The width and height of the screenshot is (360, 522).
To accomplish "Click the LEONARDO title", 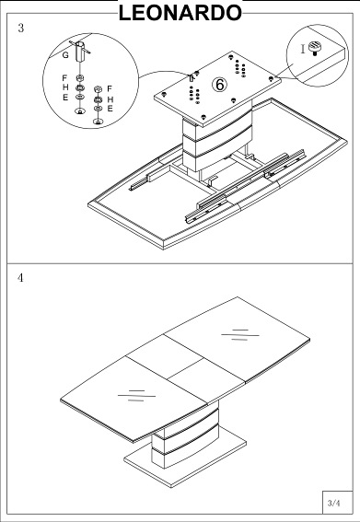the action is point(180,13).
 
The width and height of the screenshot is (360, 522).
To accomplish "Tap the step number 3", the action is point(21,28).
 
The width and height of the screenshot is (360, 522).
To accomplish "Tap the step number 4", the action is point(20,278).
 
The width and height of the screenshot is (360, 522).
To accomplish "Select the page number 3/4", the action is point(334,503).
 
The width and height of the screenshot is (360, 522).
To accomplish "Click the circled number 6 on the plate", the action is point(219,85).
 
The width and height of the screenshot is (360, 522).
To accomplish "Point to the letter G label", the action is point(65,55).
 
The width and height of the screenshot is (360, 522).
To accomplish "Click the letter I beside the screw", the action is point(303,50).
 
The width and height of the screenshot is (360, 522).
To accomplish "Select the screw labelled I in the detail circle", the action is point(314,47).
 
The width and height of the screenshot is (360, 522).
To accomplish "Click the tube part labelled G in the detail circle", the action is point(80,52).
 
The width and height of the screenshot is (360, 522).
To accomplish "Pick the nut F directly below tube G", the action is point(80,78).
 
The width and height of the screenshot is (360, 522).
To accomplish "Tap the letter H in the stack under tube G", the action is point(65,87).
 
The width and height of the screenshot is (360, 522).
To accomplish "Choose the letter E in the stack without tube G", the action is point(110,109).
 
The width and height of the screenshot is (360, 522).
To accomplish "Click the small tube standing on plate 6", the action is point(192,78).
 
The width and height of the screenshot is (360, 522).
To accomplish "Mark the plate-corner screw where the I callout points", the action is point(271,79).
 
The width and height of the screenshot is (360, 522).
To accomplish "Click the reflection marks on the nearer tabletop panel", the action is point(136,396).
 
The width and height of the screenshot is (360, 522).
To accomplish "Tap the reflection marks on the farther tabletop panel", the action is point(240,335).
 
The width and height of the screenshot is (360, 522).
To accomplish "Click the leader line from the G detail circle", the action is point(164,74).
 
